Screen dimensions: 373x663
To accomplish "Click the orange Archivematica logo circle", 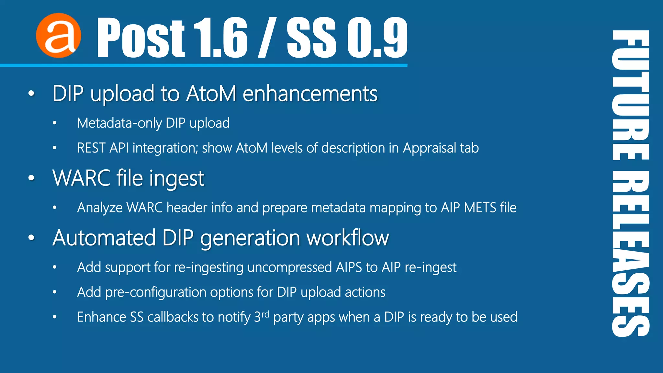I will click(x=59, y=36).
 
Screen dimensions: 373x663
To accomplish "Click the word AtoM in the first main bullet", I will click(x=211, y=94).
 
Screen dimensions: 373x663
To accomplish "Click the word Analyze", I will click(x=100, y=208).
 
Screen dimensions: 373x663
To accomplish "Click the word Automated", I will click(x=104, y=238).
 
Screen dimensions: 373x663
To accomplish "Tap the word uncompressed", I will click(x=289, y=267).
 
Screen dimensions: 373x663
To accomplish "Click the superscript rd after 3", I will click(x=265, y=314).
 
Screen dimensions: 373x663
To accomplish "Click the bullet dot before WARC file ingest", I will click(x=31, y=178).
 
